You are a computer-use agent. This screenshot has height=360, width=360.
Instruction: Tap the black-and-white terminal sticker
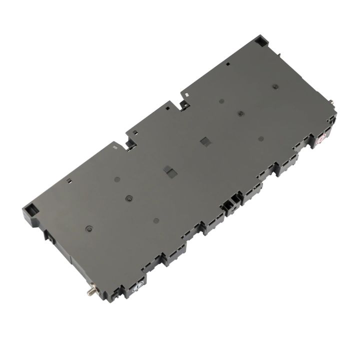pos(138,286)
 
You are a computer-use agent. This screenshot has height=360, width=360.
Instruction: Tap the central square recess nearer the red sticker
pos(204,141)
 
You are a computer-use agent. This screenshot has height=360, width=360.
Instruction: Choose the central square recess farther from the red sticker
pos(170,172)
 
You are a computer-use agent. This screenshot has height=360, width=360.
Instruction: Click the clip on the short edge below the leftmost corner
pos(51,238)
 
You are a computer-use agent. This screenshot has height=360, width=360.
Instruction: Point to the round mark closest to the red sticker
pos(260,138)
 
